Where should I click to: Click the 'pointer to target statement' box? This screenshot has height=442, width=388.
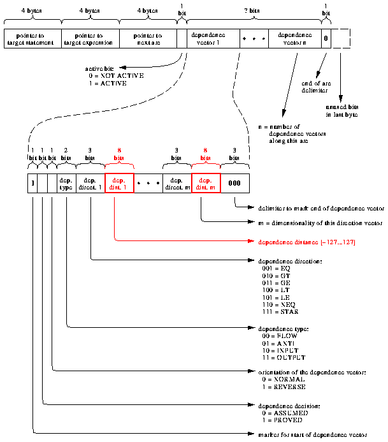pyautogui.click(x=33, y=38)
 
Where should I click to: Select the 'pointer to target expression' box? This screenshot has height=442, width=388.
pyautogui.click(x=90, y=38)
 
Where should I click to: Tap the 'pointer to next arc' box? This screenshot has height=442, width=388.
pyautogui.click(x=148, y=38)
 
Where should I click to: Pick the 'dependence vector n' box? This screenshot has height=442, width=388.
pyautogui.click(x=294, y=38)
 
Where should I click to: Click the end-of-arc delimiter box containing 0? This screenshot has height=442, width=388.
pyautogui.click(x=326, y=38)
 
